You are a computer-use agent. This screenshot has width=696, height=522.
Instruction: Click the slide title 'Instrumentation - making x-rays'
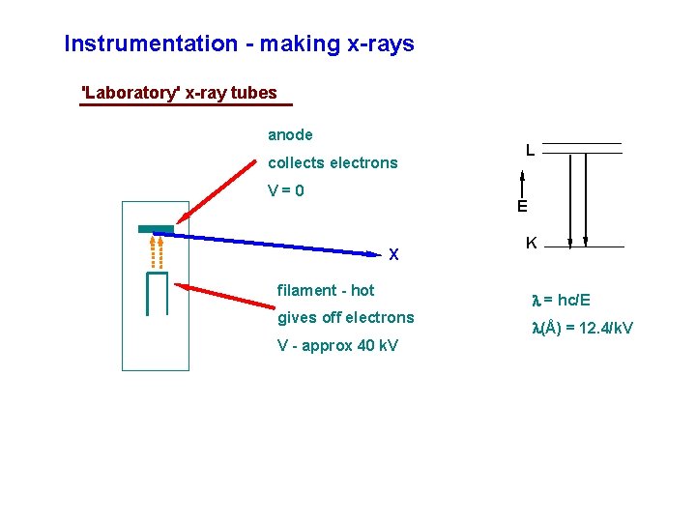click(239, 43)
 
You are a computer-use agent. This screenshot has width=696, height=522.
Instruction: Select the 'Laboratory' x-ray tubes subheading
click(180, 93)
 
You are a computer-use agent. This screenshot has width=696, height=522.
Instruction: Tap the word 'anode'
click(290, 135)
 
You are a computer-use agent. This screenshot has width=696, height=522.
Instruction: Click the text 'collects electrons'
click(333, 162)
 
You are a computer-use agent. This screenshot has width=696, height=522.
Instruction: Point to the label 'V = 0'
click(286, 190)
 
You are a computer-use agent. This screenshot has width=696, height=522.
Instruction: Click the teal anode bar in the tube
click(156, 229)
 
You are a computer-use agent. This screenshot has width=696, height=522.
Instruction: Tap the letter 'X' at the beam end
click(393, 255)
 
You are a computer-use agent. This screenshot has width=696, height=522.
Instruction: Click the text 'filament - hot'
click(326, 290)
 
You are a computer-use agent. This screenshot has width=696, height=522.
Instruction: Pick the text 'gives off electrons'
click(345, 317)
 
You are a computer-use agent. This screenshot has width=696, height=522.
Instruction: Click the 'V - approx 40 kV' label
click(337, 346)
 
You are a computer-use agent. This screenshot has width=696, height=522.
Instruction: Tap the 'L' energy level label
click(531, 150)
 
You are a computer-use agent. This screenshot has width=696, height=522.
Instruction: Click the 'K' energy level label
click(531, 244)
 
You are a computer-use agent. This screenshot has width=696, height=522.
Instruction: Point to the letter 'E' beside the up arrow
click(522, 206)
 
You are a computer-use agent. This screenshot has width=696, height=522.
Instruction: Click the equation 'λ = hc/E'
click(562, 301)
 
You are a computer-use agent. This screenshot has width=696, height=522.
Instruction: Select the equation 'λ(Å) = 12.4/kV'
click(583, 329)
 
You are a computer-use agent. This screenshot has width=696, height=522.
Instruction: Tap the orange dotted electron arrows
click(157, 250)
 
